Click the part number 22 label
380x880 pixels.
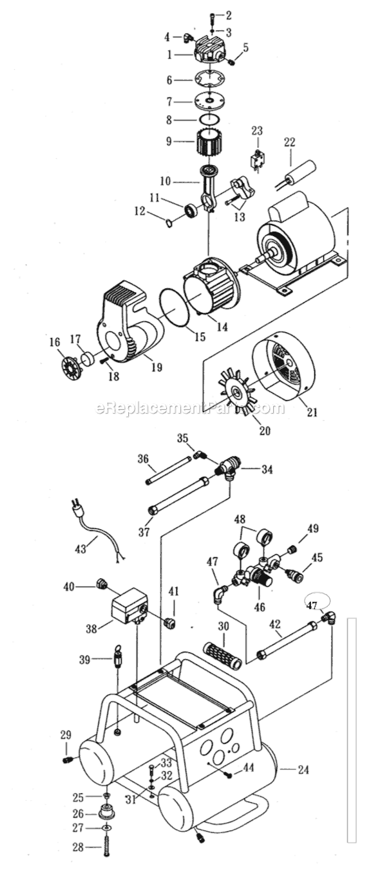pos(290,142)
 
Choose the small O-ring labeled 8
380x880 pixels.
pos(208,119)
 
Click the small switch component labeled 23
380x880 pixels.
pos(256,160)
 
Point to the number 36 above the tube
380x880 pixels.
pos(144,459)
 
